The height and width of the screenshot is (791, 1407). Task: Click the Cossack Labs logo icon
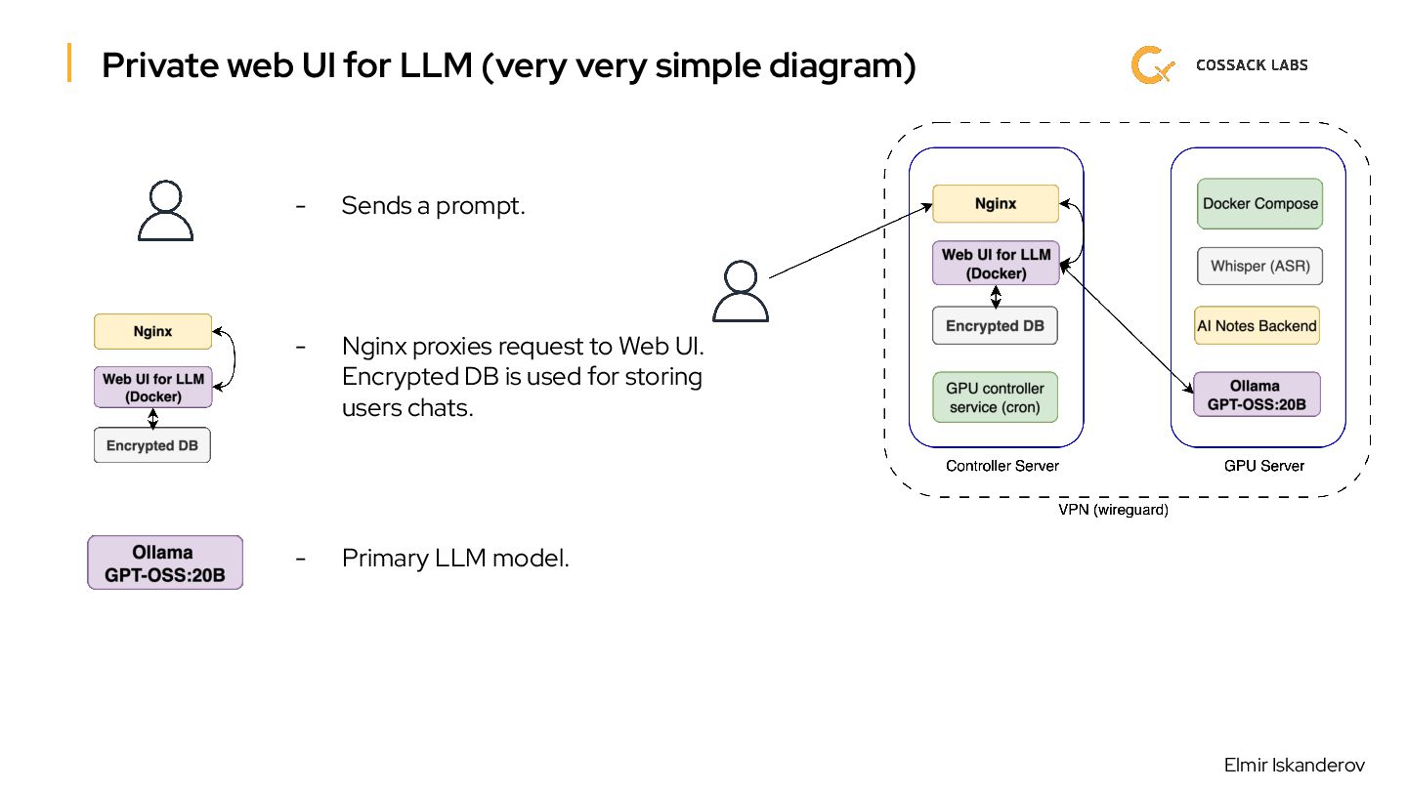(x=1152, y=65)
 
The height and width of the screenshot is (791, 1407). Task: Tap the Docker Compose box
(x=1259, y=204)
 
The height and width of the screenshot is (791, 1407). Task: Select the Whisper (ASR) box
(x=1259, y=266)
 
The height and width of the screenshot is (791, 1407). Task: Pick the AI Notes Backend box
(x=1257, y=326)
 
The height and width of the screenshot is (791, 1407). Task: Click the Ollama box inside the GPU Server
(x=1257, y=395)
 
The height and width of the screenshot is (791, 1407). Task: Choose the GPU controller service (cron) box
(x=995, y=397)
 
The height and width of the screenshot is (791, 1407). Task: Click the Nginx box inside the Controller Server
(x=996, y=204)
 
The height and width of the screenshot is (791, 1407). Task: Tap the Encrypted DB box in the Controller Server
(x=995, y=326)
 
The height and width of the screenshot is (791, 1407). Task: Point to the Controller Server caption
(x=1002, y=466)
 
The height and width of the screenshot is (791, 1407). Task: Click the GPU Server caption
(x=1263, y=466)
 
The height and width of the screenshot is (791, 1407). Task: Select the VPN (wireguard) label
(x=1113, y=510)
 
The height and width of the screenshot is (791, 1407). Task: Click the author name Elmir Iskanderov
(x=1294, y=765)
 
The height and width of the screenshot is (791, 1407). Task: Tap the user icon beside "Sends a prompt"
(x=165, y=211)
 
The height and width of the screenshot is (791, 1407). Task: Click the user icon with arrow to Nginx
(x=740, y=291)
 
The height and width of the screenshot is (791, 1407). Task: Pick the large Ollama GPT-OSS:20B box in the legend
(x=165, y=562)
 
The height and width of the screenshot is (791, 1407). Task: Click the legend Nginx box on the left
(x=152, y=331)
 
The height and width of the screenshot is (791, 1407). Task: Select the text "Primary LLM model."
(x=454, y=559)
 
